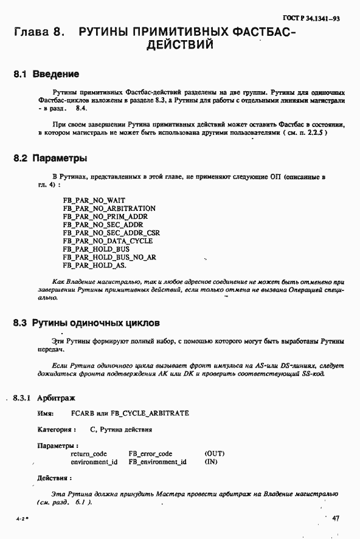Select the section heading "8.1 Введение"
46,75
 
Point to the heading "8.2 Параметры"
51,159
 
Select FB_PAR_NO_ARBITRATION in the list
109,208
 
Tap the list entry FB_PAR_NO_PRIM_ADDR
105,216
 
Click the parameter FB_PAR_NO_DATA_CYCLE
108,241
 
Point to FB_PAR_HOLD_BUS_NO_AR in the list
109,257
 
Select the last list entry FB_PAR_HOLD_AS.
95,266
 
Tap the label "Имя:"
46,413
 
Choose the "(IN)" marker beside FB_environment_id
211,462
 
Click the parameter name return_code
89,454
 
